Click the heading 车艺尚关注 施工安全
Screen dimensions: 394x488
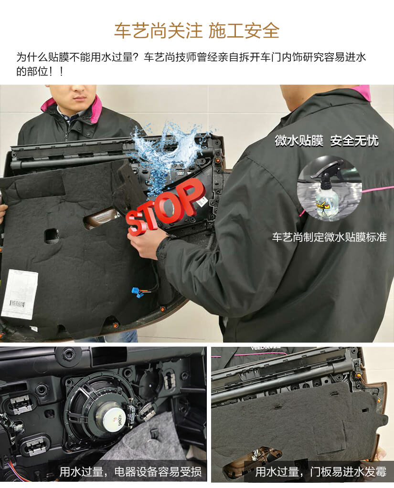point(197,31)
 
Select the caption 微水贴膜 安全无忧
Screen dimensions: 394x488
point(326,141)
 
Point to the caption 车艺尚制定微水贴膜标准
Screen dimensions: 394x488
point(329,237)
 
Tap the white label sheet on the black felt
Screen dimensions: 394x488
point(20,294)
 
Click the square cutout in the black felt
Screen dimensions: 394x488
point(52,236)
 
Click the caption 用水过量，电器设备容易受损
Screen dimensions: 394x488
point(130,472)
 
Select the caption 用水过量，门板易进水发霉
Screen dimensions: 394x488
point(320,472)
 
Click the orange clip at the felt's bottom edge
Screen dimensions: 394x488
point(115,325)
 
